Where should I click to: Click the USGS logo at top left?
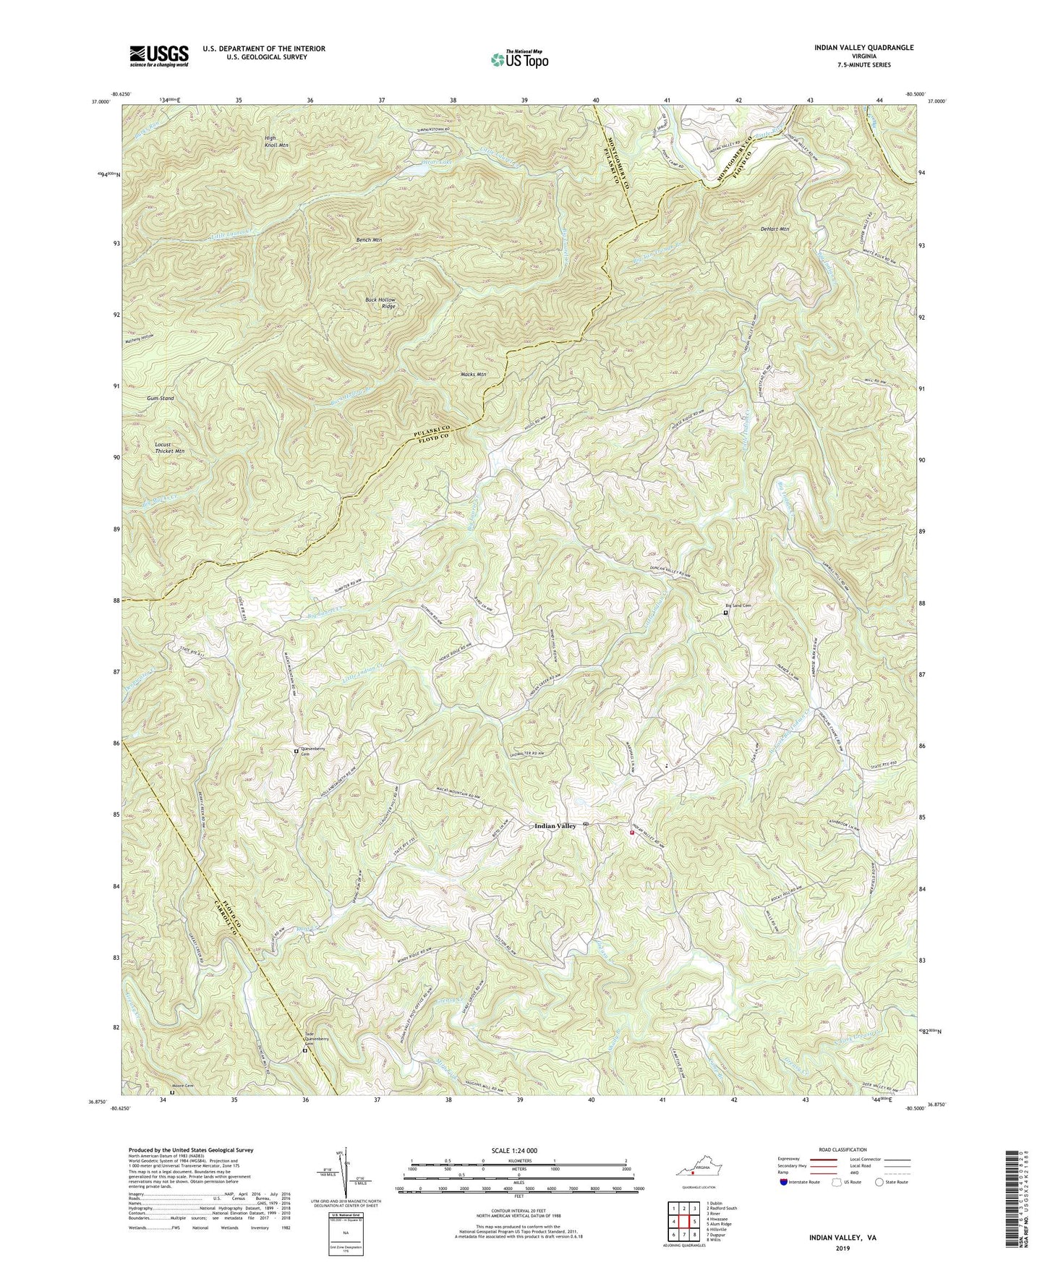point(159,56)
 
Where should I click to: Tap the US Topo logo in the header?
point(518,59)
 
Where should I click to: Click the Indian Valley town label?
point(555,825)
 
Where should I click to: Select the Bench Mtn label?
point(369,239)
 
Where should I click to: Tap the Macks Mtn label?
point(473,375)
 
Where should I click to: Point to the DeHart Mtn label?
point(775,229)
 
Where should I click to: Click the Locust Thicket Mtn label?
point(169,446)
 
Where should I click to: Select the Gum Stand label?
point(161,398)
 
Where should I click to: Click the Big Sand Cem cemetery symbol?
point(726,613)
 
